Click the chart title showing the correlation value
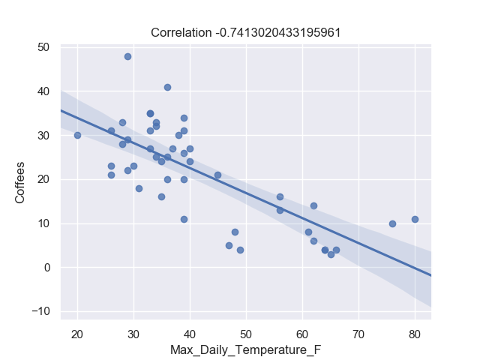246,32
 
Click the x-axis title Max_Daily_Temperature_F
245,350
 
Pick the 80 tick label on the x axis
415,333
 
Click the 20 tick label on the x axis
77,333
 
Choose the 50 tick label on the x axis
246,333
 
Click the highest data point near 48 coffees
127,56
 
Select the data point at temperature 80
415,219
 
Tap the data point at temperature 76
392,223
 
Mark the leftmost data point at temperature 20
77,135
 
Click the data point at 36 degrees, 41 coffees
167,87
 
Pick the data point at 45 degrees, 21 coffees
217,175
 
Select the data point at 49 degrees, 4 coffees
240,250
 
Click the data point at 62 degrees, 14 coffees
313,205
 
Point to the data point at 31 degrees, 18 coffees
139,188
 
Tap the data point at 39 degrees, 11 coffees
184,219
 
